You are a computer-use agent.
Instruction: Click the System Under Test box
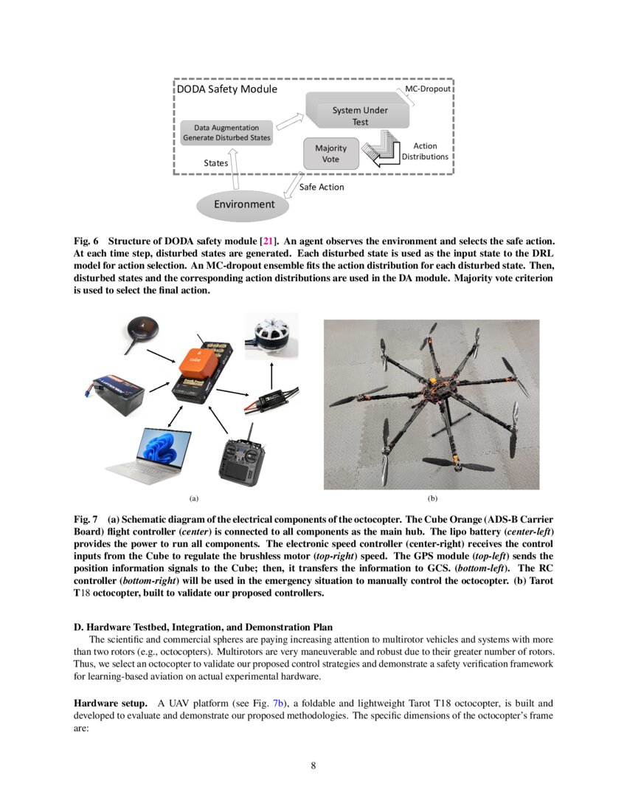(x=359, y=114)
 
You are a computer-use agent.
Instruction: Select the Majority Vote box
(x=330, y=154)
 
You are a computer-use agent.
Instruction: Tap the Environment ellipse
(x=243, y=204)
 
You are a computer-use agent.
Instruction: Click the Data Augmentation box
(x=226, y=133)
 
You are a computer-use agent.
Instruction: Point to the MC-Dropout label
(x=428, y=89)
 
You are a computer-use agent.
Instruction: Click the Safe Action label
(x=322, y=187)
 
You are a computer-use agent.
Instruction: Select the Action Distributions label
(x=425, y=151)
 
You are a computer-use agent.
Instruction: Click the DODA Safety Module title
(x=227, y=89)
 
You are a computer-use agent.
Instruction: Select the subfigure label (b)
(x=432, y=499)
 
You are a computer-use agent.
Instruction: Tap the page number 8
(x=313, y=765)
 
